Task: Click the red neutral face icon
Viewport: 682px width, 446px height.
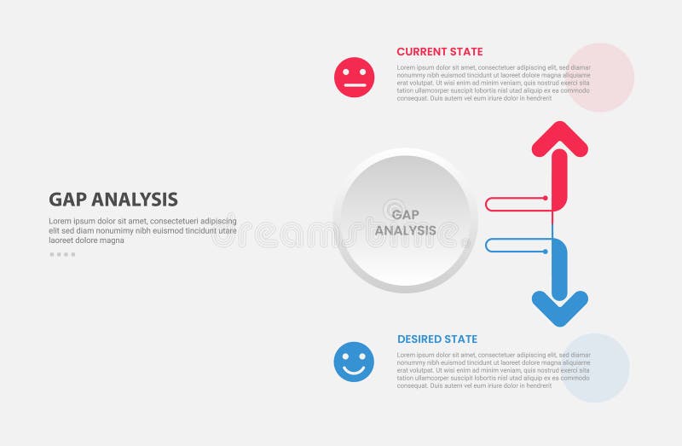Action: pyautogui.click(x=354, y=77)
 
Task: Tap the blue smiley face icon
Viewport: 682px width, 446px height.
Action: pyautogui.click(x=354, y=362)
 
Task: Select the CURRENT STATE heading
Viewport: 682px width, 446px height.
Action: pyautogui.click(x=439, y=52)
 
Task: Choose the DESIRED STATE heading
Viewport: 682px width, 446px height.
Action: pyautogui.click(x=437, y=339)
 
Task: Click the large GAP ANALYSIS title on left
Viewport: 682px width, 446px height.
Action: pyautogui.click(x=113, y=200)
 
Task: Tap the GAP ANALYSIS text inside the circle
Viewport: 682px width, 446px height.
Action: pyautogui.click(x=405, y=223)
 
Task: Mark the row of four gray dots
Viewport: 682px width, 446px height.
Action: pyautogui.click(x=62, y=254)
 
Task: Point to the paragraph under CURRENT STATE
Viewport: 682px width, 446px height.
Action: pyautogui.click(x=493, y=83)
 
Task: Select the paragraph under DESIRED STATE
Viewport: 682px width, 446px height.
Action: pyautogui.click(x=493, y=370)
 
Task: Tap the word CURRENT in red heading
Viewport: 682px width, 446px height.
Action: pyautogui.click(x=419, y=52)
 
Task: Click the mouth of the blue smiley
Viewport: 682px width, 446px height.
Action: pyautogui.click(x=354, y=370)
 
